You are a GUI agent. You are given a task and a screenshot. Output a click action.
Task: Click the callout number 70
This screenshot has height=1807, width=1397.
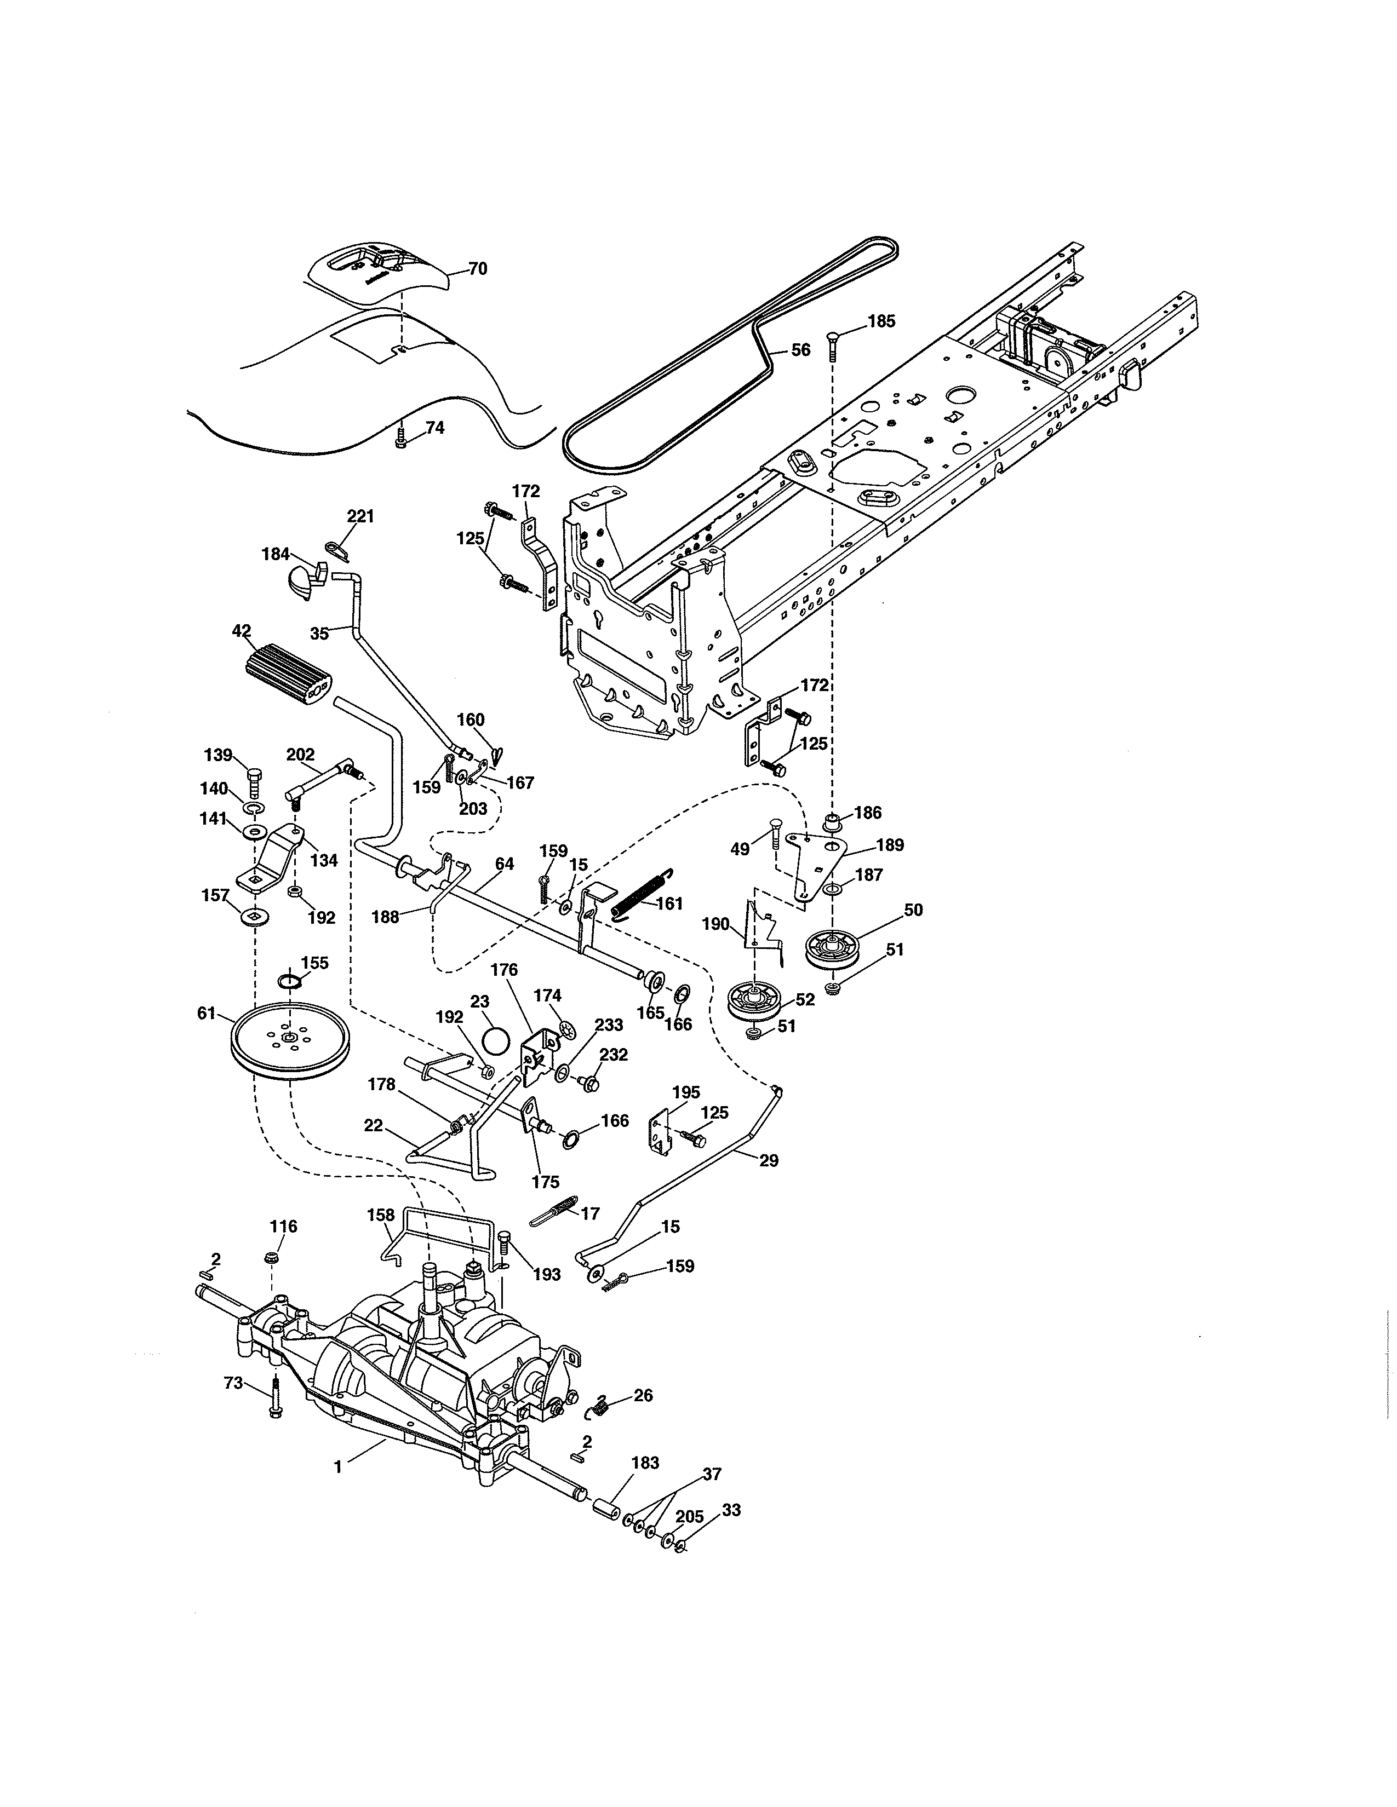coord(478,269)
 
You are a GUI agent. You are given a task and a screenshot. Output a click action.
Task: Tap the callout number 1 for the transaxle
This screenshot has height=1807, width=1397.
coord(337,1467)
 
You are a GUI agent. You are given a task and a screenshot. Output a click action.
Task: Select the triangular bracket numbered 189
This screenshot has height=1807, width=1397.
coord(815,860)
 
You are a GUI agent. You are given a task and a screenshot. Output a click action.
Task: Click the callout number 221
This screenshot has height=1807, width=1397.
coord(360,516)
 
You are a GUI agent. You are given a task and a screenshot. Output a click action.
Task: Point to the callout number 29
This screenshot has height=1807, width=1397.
coord(769,1161)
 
